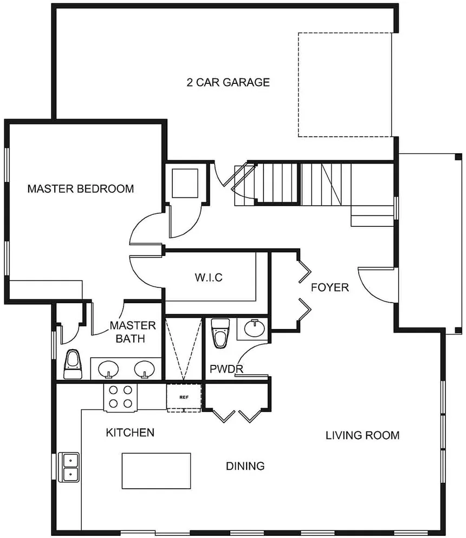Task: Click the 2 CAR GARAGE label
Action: (x=228, y=82)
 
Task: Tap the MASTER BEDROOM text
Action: (x=81, y=189)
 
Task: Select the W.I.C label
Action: (x=209, y=277)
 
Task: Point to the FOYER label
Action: (x=329, y=287)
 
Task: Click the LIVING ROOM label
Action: (x=363, y=435)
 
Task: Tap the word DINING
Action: (x=245, y=466)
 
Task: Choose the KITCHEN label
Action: (x=130, y=432)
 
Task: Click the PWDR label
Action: (x=226, y=369)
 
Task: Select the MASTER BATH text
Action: (x=133, y=332)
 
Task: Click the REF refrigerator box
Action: (x=184, y=398)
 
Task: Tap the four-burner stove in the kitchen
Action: (x=120, y=397)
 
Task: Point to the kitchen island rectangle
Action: (x=156, y=471)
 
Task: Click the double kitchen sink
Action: (x=69, y=467)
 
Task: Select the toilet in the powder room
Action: (x=220, y=333)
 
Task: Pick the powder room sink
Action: (x=255, y=329)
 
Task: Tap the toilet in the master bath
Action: (x=73, y=364)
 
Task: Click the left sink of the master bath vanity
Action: (x=108, y=370)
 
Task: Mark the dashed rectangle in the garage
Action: (x=345, y=85)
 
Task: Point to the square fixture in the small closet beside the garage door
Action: (x=185, y=183)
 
